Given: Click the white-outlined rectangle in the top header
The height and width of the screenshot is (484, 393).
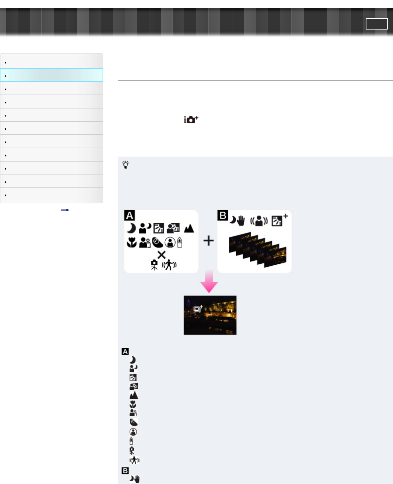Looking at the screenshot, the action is coord(377,24).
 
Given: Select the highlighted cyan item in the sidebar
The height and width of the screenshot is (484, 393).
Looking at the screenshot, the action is coord(52,75).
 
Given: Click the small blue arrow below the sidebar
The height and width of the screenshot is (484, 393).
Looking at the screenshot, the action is coord(65,210).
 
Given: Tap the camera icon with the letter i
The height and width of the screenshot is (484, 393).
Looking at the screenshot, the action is coord(191,119).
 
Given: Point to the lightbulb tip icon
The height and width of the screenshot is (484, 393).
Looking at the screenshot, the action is coord(125,165).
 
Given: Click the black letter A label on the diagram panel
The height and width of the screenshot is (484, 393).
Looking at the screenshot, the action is coord(129,216).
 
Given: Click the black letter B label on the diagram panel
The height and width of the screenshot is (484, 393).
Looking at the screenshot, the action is coord(223,215).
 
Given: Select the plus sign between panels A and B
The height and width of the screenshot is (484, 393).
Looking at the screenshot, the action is coord(208,241).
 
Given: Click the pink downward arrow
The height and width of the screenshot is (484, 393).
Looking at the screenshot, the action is coord(209,282).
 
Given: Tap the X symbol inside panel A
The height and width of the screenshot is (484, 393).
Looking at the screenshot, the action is coord(162,255).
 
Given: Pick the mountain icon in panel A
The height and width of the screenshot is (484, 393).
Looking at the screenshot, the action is coord(189,228).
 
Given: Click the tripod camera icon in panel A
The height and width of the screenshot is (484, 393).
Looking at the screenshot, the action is coord(154,265).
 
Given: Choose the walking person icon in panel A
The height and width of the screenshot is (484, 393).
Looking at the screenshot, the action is coord(169,265).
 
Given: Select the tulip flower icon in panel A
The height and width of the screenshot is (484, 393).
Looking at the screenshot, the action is coord(132,243).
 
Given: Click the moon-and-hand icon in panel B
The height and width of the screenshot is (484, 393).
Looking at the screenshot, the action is coord(237,221).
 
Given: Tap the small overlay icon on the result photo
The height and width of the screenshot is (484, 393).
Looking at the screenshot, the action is coord(198,309).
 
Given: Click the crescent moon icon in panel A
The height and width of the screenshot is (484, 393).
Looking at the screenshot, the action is coord(131,228).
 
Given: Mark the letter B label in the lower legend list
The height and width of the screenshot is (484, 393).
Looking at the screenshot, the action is coord(125,471).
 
